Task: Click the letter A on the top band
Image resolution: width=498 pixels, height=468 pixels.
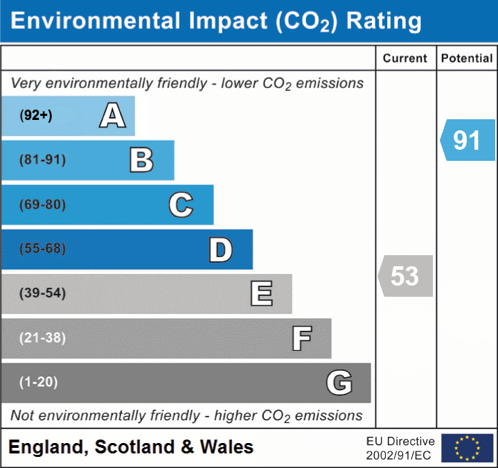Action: [x=112, y=116]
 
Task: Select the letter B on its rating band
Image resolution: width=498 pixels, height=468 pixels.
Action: [x=142, y=160]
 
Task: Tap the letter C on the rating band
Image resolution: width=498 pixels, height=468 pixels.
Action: [x=181, y=205]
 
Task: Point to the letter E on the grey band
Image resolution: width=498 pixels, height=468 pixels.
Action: [x=261, y=293]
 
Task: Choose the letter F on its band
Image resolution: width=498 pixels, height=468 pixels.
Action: [x=301, y=338]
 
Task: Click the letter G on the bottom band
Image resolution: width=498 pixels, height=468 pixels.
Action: [x=339, y=383]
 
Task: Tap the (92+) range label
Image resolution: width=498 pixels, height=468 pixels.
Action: [x=36, y=116]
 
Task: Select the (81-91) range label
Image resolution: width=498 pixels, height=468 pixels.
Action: [x=42, y=160]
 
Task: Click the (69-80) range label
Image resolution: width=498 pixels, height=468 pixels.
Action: [x=42, y=205]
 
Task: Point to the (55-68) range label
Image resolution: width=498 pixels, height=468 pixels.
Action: [x=42, y=249]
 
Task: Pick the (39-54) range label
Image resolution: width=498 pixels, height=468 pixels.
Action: [x=42, y=293]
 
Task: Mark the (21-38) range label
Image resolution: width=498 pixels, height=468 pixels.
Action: [x=42, y=338]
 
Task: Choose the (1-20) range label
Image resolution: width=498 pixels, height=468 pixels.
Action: [x=39, y=383]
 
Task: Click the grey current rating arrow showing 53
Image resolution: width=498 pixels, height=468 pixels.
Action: [x=405, y=276]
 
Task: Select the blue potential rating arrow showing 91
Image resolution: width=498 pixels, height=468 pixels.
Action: [x=466, y=140]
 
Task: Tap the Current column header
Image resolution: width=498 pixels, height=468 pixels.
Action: [x=405, y=59]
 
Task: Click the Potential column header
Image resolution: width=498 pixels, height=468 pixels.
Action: [x=467, y=59]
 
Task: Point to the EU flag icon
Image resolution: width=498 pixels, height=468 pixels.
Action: [x=467, y=448]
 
